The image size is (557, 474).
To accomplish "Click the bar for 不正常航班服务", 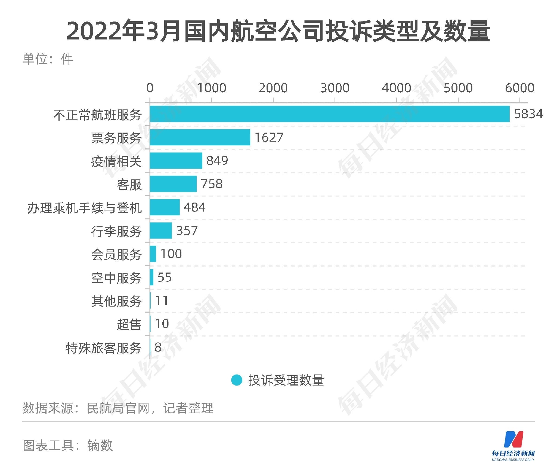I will click(329, 114).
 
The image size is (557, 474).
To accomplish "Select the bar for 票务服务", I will click(200, 137).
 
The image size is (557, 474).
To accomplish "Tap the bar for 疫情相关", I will click(176, 161).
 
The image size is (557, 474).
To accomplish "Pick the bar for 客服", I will click(173, 184).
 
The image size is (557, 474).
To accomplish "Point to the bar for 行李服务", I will click(161, 231).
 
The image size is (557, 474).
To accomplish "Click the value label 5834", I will click(528, 114).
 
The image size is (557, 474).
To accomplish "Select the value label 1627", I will click(269, 137).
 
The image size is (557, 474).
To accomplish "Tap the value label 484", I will click(195, 207).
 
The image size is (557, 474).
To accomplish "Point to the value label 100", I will click(171, 254).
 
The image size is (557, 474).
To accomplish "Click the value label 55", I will click(165, 277).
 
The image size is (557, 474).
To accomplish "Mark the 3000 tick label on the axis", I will click(335, 88).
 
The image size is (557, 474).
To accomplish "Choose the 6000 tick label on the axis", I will click(519, 88).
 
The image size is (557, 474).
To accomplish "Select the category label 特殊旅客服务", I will click(104, 348).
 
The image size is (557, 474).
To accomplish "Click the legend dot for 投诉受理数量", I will click(237, 380).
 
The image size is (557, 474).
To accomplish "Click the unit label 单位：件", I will click(48, 59).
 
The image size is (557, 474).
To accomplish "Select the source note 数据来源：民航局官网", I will click(118, 408).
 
